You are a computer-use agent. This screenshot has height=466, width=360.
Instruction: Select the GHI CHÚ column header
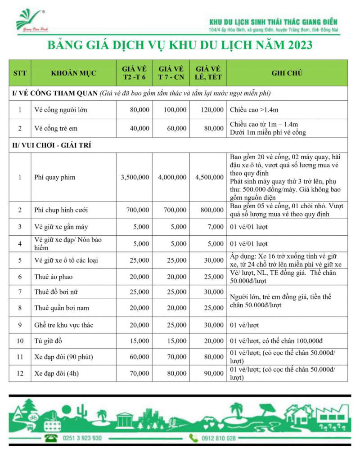click(x=287, y=72)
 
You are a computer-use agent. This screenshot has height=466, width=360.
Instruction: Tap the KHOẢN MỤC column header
click(x=73, y=72)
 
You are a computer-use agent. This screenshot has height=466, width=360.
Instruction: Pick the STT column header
click(x=20, y=72)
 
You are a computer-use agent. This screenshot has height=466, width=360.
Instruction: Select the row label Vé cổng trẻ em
click(x=56, y=128)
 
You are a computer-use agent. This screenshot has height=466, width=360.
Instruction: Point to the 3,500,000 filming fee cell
click(x=135, y=177)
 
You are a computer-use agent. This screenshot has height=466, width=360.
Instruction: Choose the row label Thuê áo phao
click(x=53, y=276)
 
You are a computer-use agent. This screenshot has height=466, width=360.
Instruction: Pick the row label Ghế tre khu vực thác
click(x=64, y=325)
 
